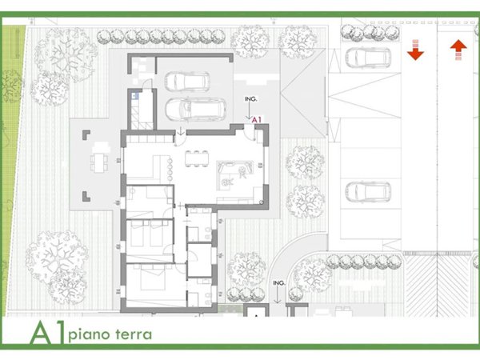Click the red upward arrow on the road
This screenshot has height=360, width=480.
(x=458, y=50)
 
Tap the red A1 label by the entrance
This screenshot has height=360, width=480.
(x=257, y=119)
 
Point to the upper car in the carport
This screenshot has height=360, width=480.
(x=186, y=82)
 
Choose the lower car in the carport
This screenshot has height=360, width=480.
(x=191, y=108)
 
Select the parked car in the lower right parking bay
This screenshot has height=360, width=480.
(x=366, y=192)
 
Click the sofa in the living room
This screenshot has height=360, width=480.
(x=238, y=170)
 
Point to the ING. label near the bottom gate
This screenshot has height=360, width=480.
(x=279, y=283)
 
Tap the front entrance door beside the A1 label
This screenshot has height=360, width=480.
(x=247, y=129)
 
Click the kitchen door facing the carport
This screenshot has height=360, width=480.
(x=182, y=130)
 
